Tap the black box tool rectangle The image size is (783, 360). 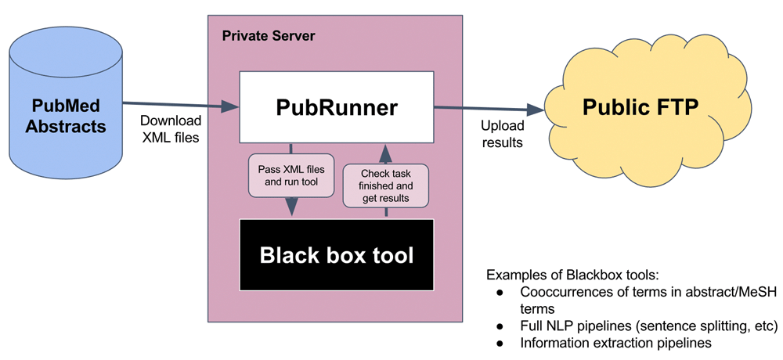[336, 255]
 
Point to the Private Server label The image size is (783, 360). [269, 36]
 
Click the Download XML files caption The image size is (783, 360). [170, 129]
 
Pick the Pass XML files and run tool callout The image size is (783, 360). [290, 175]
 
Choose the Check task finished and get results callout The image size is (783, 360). [385, 185]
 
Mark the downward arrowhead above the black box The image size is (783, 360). [291, 207]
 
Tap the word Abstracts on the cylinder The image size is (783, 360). [66, 124]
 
